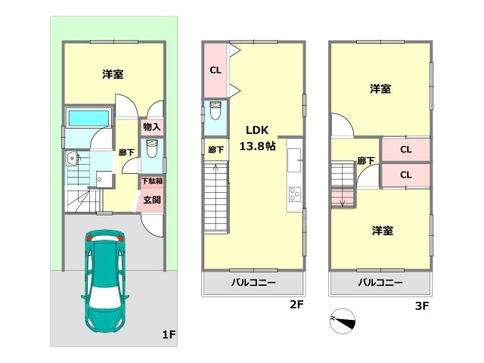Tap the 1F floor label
168,333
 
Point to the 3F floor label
421,306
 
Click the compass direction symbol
342,321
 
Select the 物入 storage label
151,128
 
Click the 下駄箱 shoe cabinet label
151,181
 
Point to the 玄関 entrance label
151,200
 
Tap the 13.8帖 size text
258,145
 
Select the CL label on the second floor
215,71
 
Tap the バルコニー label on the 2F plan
253,283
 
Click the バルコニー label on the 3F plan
380,283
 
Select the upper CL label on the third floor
405,150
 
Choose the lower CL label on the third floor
405,175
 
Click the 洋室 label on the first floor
113,74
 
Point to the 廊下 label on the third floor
366,160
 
